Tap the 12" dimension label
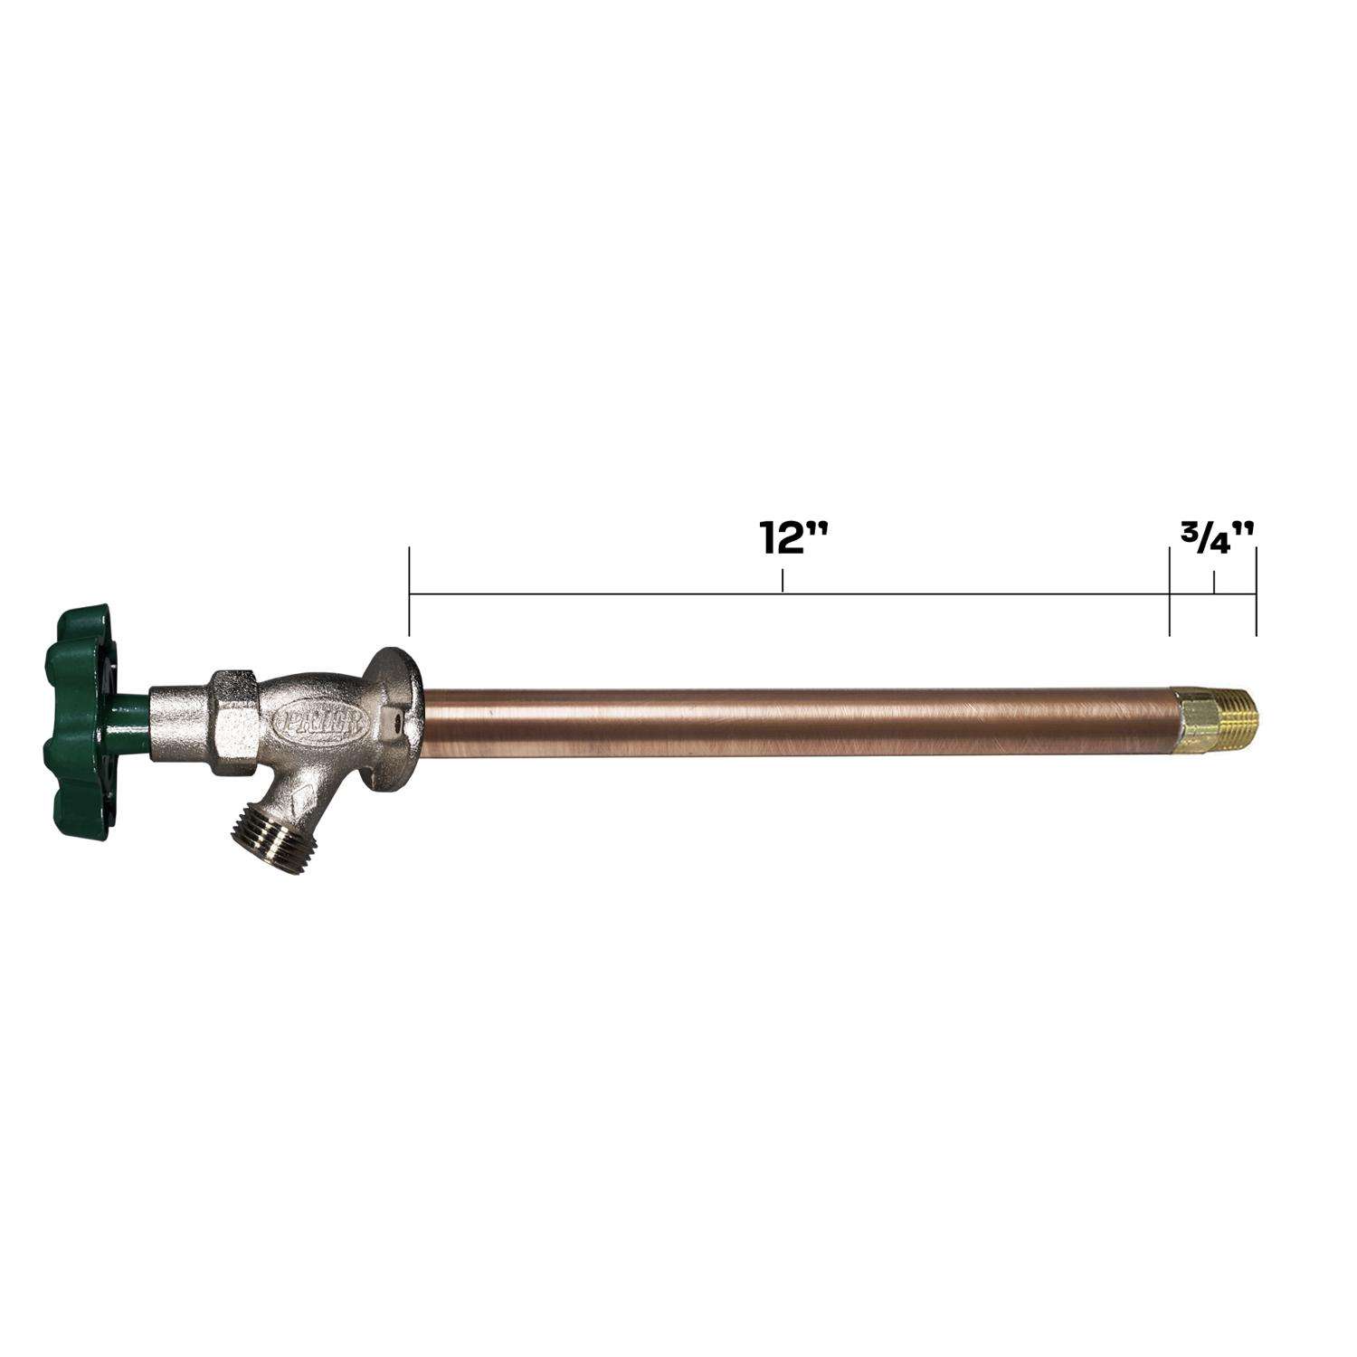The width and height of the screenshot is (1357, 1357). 782,538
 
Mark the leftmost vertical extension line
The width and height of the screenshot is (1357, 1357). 410,592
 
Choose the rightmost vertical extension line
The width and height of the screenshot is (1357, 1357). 1256,592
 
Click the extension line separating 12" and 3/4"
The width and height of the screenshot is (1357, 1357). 1170,592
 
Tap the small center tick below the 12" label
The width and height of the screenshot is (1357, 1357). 783,581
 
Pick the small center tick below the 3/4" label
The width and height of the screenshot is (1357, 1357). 1214,582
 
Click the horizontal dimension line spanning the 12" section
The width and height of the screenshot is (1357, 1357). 633,594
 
